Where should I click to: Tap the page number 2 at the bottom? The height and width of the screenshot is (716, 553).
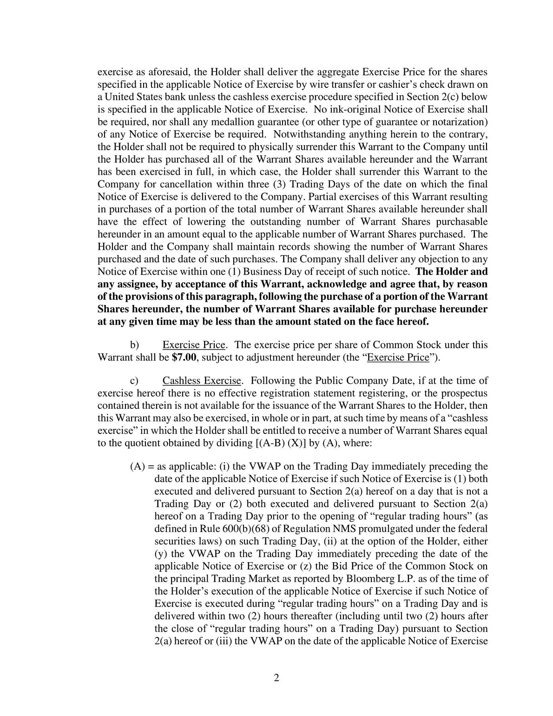(x=276, y=677)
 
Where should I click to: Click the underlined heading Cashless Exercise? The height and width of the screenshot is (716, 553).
(x=202, y=381)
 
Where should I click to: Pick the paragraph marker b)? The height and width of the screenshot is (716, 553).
(x=134, y=345)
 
